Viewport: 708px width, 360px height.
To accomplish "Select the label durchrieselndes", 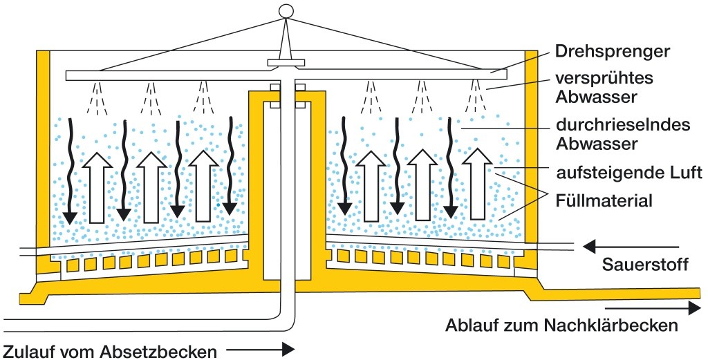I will point(613,126).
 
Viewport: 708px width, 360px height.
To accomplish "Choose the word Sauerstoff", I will point(644,265).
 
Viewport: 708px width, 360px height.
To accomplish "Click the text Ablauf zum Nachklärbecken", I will point(560,325).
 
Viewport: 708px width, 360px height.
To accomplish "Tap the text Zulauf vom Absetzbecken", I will point(110,351).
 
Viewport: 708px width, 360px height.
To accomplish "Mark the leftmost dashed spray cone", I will point(96,98).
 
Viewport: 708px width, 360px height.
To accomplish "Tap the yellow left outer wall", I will point(42,166).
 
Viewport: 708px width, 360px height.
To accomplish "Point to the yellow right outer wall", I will point(531,166).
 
